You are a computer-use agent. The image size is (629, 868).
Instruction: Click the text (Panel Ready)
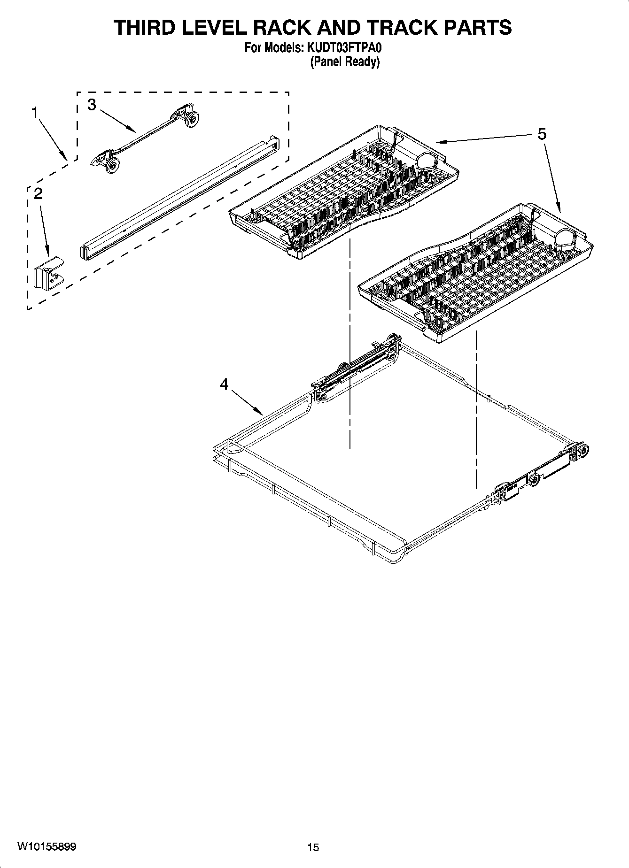pos(344,61)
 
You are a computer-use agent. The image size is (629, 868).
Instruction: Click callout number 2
pos(38,193)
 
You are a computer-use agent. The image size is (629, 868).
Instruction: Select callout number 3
pos(92,105)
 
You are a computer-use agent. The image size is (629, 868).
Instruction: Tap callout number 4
pos(224,384)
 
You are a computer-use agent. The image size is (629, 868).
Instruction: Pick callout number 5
pos(542,134)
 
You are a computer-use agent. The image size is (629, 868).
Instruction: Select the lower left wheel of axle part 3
pos(112,166)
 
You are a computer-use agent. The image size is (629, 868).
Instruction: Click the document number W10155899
pos(47,846)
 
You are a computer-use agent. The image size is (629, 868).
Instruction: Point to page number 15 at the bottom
pos(313,847)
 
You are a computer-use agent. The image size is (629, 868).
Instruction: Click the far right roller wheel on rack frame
pos(582,451)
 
